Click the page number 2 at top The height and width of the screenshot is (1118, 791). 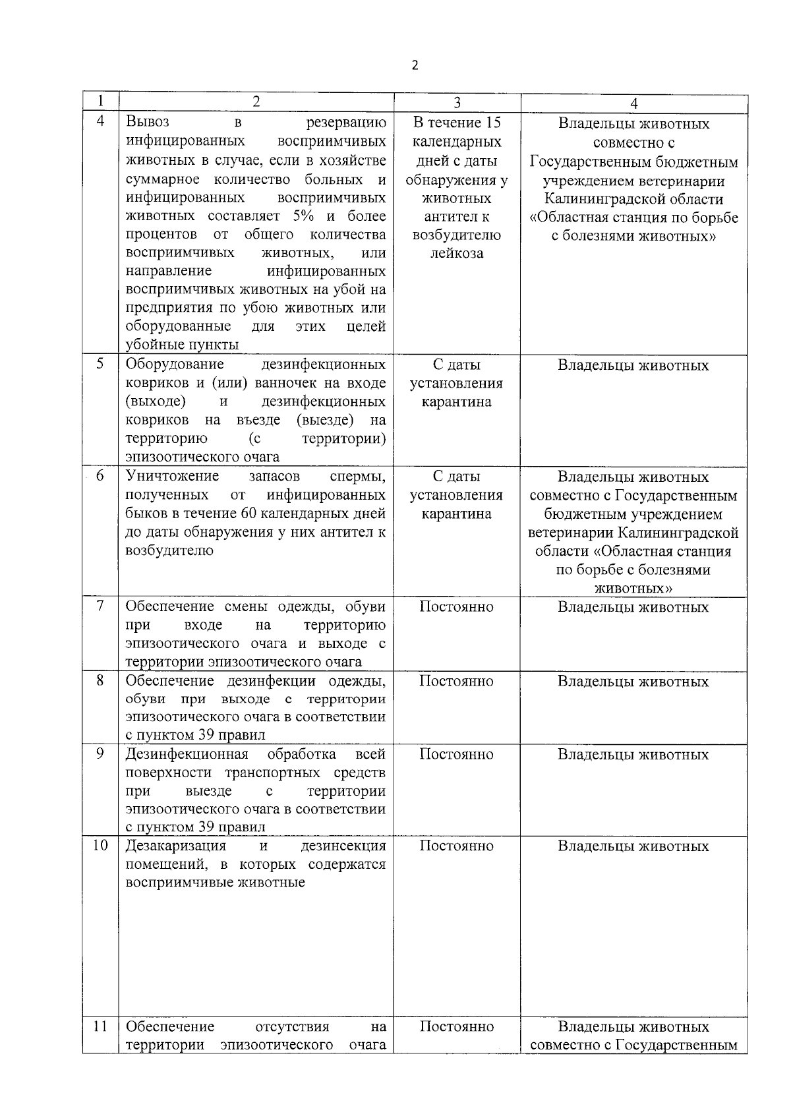(414, 65)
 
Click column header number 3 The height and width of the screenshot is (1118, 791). (457, 102)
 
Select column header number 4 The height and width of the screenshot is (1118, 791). (633, 103)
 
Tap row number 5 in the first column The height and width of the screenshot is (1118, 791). (100, 364)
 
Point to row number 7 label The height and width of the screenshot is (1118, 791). (100, 606)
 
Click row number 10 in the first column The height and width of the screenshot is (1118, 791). (100, 845)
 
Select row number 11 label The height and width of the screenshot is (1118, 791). (100, 1026)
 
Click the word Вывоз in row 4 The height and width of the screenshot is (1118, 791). (148, 122)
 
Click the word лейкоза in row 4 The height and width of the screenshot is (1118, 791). (456, 253)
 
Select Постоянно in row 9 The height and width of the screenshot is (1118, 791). (456, 754)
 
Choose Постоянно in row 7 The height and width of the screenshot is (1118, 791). (456, 606)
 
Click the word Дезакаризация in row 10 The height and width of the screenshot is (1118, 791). (176, 846)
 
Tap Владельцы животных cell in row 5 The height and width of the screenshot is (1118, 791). (633, 365)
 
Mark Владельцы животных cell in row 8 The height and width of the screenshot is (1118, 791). (633, 682)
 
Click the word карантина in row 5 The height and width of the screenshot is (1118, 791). (456, 401)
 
